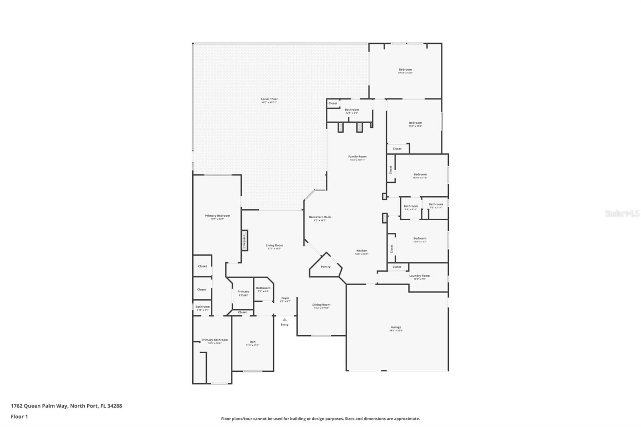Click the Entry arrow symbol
point(284,320)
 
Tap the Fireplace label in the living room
point(244,241)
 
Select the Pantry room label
point(326,267)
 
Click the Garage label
point(396,327)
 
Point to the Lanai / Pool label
point(269,99)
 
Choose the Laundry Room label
point(419,276)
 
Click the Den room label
point(252,342)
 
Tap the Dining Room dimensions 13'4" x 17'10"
point(321,308)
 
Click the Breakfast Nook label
point(320,217)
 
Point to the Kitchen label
point(361,251)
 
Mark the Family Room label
point(357,157)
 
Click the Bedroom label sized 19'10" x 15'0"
point(405,70)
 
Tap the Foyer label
point(285,298)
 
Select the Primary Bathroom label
point(215,340)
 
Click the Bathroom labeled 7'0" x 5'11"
point(435,204)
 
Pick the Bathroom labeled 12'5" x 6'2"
point(352,110)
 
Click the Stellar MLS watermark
point(622,214)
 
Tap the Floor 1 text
point(19,417)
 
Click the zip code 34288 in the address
point(114,406)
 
